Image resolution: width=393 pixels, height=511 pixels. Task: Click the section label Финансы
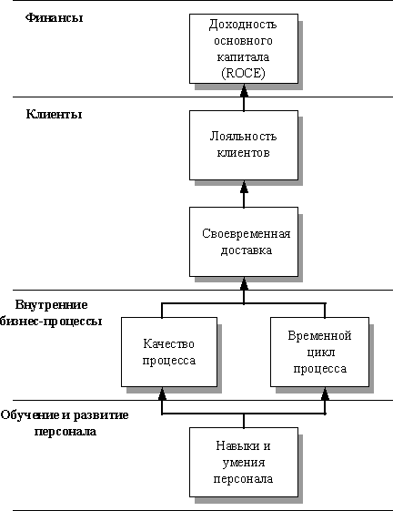click(54, 17)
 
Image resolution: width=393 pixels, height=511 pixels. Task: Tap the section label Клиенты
click(54, 115)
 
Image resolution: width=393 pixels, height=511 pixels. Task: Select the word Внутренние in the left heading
click(52, 305)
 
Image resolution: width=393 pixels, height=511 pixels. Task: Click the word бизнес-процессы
click(51, 321)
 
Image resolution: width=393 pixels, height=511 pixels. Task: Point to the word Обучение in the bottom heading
click(30, 415)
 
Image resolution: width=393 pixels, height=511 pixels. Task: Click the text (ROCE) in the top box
click(243, 74)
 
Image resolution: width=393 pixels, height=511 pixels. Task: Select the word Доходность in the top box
click(243, 25)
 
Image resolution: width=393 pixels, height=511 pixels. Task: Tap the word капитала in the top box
click(243, 57)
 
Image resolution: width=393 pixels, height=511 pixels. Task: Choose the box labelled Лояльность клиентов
click(244, 145)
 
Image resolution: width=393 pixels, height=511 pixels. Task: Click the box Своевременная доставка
click(244, 241)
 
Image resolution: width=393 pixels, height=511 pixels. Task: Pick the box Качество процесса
click(169, 352)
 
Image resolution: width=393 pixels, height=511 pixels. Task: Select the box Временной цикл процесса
click(319, 352)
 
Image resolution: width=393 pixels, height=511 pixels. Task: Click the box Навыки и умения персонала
click(244, 462)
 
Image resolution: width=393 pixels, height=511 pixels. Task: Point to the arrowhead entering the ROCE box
click(244, 90)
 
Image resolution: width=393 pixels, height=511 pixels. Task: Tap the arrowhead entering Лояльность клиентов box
click(244, 187)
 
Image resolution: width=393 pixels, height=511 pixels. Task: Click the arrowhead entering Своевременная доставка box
click(244, 283)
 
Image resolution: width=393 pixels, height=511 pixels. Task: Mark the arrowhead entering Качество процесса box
click(162, 393)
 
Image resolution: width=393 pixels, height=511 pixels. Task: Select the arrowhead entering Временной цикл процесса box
click(325, 393)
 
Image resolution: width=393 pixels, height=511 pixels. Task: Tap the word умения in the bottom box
click(244, 463)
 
